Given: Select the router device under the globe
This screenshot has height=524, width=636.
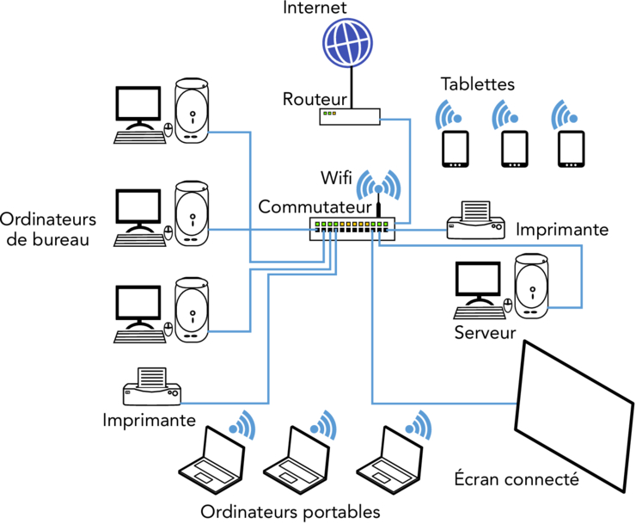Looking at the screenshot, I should tap(350, 116).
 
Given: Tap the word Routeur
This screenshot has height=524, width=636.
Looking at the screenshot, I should tap(314, 99).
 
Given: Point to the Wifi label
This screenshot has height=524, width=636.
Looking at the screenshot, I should tap(336, 178).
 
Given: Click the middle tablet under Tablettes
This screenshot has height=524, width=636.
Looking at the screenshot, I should tap(514, 149).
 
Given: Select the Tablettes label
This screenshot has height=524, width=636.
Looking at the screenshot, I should tap(478, 84).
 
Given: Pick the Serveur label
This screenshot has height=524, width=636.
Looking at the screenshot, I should tap(485, 332).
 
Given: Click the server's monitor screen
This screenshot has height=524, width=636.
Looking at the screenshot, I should tap(477, 280).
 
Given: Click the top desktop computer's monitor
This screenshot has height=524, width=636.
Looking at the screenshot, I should tap(138, 104).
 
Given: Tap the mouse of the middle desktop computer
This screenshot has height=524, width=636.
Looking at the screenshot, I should tap(168, 230).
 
